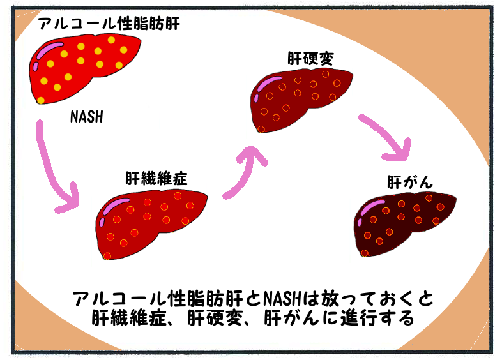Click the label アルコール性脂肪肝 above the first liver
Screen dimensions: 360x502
coord(109,25)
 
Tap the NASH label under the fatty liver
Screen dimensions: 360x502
coord(86,117)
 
